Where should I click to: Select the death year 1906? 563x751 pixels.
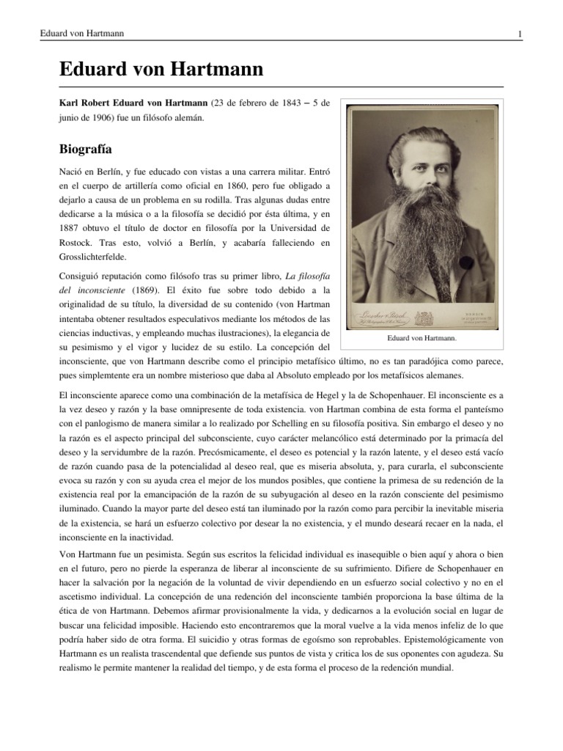tap(102, 117)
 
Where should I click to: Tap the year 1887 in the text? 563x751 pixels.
tap(72, 233)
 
